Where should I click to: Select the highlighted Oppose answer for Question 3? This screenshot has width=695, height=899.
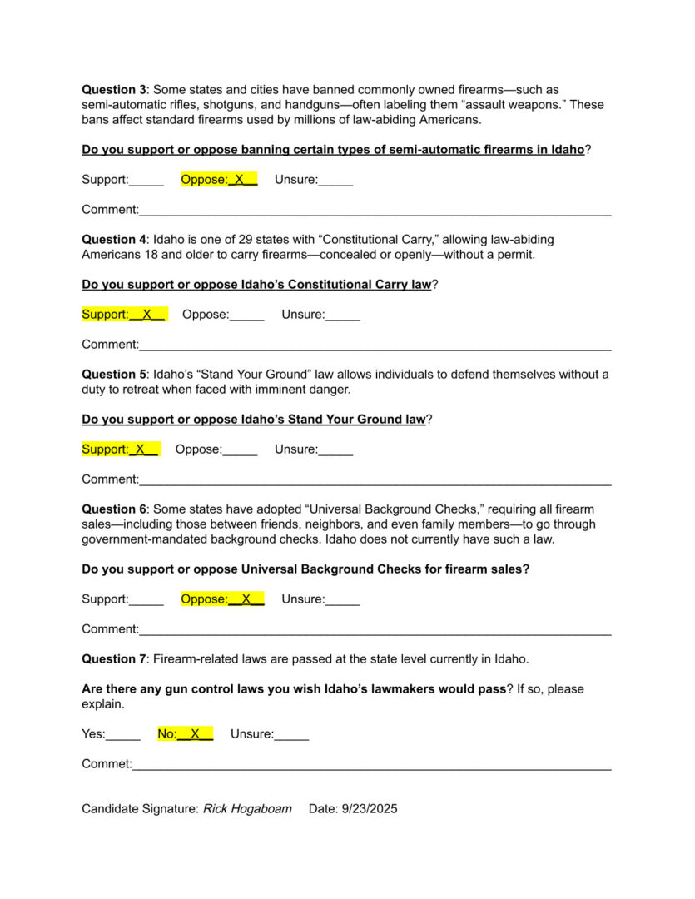(219, 180)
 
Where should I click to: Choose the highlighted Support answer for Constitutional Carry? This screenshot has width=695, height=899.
(124, 315)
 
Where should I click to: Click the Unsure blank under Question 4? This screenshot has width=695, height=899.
(342, 315)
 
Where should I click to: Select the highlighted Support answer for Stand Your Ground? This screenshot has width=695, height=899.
(120, 449)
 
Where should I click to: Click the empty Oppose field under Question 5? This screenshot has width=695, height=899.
(240, 449)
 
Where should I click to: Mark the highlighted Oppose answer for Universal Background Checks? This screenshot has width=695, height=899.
(222, 599)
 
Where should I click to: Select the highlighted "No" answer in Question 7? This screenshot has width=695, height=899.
(186, 734)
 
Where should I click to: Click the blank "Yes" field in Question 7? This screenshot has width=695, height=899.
(123, 734)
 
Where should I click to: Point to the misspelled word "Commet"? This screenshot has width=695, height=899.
(107, 763)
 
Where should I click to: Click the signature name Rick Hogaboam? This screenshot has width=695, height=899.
(247, 809)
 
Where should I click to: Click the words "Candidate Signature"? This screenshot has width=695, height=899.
(140, 809)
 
